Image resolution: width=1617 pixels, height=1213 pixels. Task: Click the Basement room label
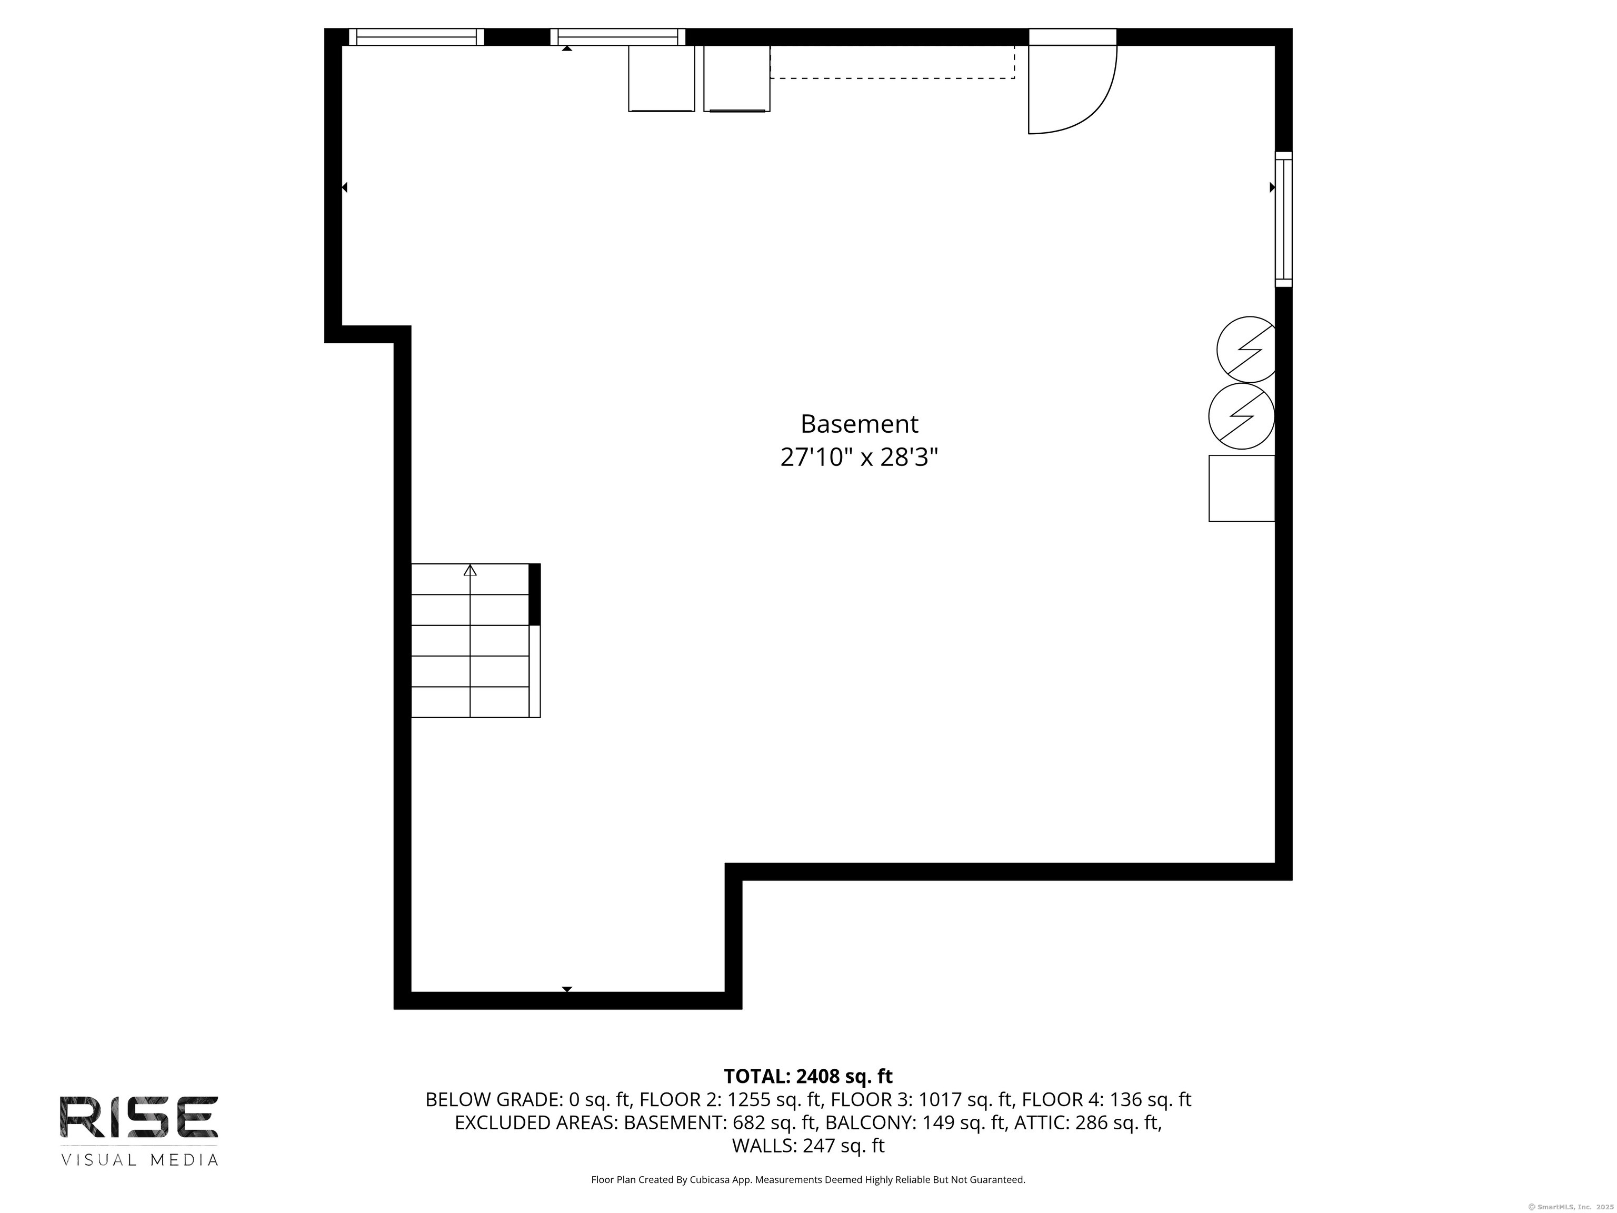[x=859, y=424]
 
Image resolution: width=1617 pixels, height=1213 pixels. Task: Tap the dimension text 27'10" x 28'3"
[x=859, y=458]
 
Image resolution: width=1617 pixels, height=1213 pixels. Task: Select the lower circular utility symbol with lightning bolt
[x=1241, y=416]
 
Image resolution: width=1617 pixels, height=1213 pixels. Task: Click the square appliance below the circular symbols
[x=1241, y=489]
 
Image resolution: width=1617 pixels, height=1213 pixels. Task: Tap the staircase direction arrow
[x=470, y=570]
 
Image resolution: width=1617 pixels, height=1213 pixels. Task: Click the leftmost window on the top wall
[x=416, y=36]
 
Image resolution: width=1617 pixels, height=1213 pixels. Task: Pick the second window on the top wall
[x=618, y=36]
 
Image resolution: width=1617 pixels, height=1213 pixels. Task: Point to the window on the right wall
[x=1284, y=220]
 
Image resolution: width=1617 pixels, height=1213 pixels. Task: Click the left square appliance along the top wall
[x=662, y=78]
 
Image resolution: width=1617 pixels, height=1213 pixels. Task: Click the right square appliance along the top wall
[x=736, y=78]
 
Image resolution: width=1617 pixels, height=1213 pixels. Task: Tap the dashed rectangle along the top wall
[x=892, y=62]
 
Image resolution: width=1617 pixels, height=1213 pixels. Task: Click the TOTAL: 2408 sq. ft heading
[x=808, y=1076]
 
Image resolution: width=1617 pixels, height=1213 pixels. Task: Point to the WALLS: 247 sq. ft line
[x=808, y=1146]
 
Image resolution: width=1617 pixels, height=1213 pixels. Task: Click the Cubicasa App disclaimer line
[x=808, y=1179]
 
